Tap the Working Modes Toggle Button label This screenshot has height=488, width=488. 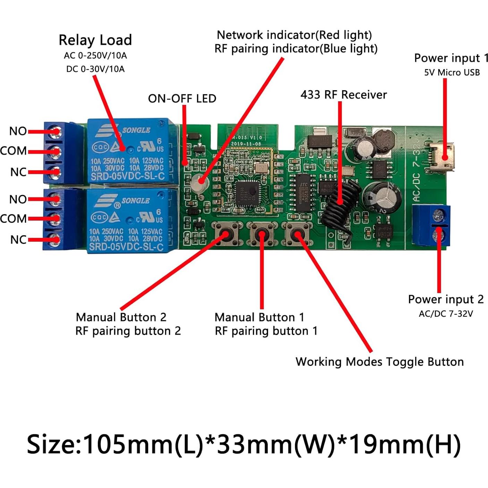pos(379,362)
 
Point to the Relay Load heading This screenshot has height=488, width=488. pos(95,40)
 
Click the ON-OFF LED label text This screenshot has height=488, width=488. pos(182,99)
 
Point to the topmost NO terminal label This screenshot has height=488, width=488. pos(18,131)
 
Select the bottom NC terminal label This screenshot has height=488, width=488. pos(18,240)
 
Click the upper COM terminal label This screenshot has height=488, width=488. pos(14,151)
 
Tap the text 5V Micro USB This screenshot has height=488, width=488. pos(452,72)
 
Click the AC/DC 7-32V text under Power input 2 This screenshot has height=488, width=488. pos(446,314)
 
